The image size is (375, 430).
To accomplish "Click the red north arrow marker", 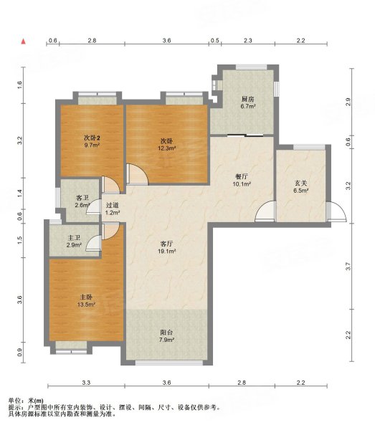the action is (24, 42).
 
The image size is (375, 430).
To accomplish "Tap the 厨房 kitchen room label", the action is (247, 99).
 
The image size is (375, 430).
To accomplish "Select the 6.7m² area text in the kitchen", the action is (248, 106).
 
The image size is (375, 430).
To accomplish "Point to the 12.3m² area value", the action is (167, 148).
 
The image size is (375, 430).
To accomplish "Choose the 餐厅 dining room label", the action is (242, 176).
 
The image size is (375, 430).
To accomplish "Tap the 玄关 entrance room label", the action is (301, 183).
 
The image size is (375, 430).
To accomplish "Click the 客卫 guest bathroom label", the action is (82, 198).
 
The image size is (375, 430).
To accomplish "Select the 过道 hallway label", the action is (113, 205).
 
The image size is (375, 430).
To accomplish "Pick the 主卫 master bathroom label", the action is (74, 238).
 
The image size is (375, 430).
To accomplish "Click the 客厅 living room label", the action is (166, 244).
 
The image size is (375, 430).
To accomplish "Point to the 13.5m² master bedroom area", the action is (86, 304).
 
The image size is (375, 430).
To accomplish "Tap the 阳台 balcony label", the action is (166, 333).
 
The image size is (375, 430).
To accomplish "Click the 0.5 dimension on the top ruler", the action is (215, 41).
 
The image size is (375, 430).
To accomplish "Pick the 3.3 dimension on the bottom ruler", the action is (86, 383).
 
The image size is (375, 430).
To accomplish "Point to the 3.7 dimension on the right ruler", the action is (348, 267).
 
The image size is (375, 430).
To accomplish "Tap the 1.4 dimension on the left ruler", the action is (19, 193).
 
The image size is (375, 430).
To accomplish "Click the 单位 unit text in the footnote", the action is (14, 401).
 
